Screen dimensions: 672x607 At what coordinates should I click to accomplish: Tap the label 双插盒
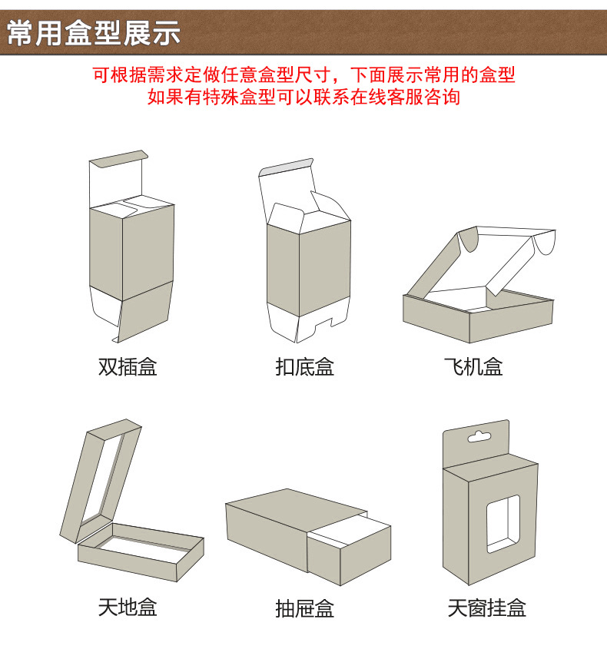pos(128,366)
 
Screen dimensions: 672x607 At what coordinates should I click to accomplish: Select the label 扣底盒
pos(305,366)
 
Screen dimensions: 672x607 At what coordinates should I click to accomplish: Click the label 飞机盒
pos(473,366)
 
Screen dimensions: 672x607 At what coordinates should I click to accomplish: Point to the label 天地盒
pos(128,607)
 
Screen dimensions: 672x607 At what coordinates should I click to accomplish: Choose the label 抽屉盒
pos(305,609)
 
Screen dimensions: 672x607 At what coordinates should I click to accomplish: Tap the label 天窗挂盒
pos(487,609)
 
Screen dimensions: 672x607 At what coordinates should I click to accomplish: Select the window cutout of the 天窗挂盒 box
pos(503,523)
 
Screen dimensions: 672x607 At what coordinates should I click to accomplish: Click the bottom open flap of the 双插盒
pos(146,315)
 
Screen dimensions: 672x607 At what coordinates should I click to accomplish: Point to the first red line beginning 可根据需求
pos(303,75)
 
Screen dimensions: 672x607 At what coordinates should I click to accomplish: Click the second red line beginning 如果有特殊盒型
pos(303,98)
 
